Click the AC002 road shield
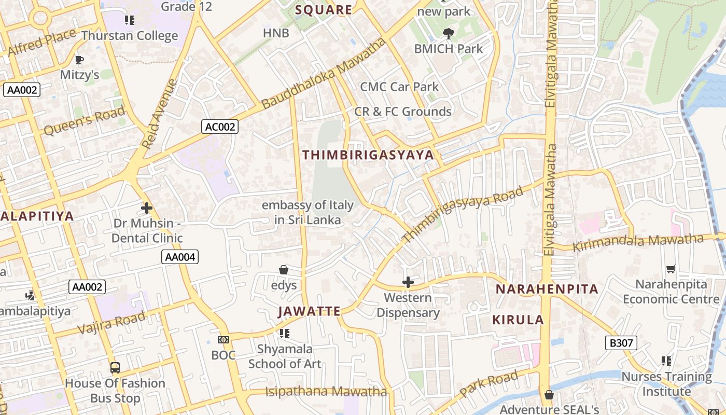point(220,127)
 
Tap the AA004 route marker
point(180,257)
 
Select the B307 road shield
point(621,342)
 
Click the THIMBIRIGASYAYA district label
point(368,155)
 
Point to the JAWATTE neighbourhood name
point(309,311)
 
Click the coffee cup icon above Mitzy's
point(79,60)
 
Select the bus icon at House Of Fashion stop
point(115,368)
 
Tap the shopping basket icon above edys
point(284,270)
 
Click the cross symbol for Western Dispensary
point(408,282)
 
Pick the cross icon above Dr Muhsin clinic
point(147,209)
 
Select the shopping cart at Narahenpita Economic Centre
point(671,269)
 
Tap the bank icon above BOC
point(224,340)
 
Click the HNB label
point(276,33)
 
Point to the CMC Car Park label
point(399,87)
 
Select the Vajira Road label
point(111,323)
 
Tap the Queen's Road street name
point(85,121)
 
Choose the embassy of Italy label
point(308,212)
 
